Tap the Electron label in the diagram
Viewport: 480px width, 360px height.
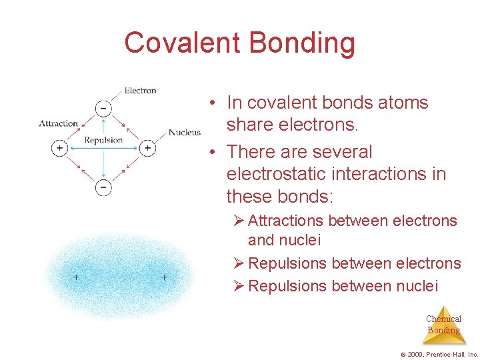tap(140, 91)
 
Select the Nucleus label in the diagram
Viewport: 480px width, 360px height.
tap(185, 132)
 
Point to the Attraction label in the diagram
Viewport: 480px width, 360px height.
tap(59, 123)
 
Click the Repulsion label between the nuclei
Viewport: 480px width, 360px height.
tap(103, 140)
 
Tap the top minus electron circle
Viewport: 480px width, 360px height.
tap(103, 107)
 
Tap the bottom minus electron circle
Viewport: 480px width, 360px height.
tap(103, 187)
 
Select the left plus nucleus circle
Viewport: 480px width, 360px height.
tap(59, 147)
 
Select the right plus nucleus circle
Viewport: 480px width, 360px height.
tap(147, 147)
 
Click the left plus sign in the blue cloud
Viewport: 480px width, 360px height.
tap(76, 277)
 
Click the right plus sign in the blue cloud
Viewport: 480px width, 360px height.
tap(164, 277)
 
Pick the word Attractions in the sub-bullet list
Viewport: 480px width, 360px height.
tap(287, 221)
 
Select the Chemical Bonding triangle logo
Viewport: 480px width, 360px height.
tap(443, 325)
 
